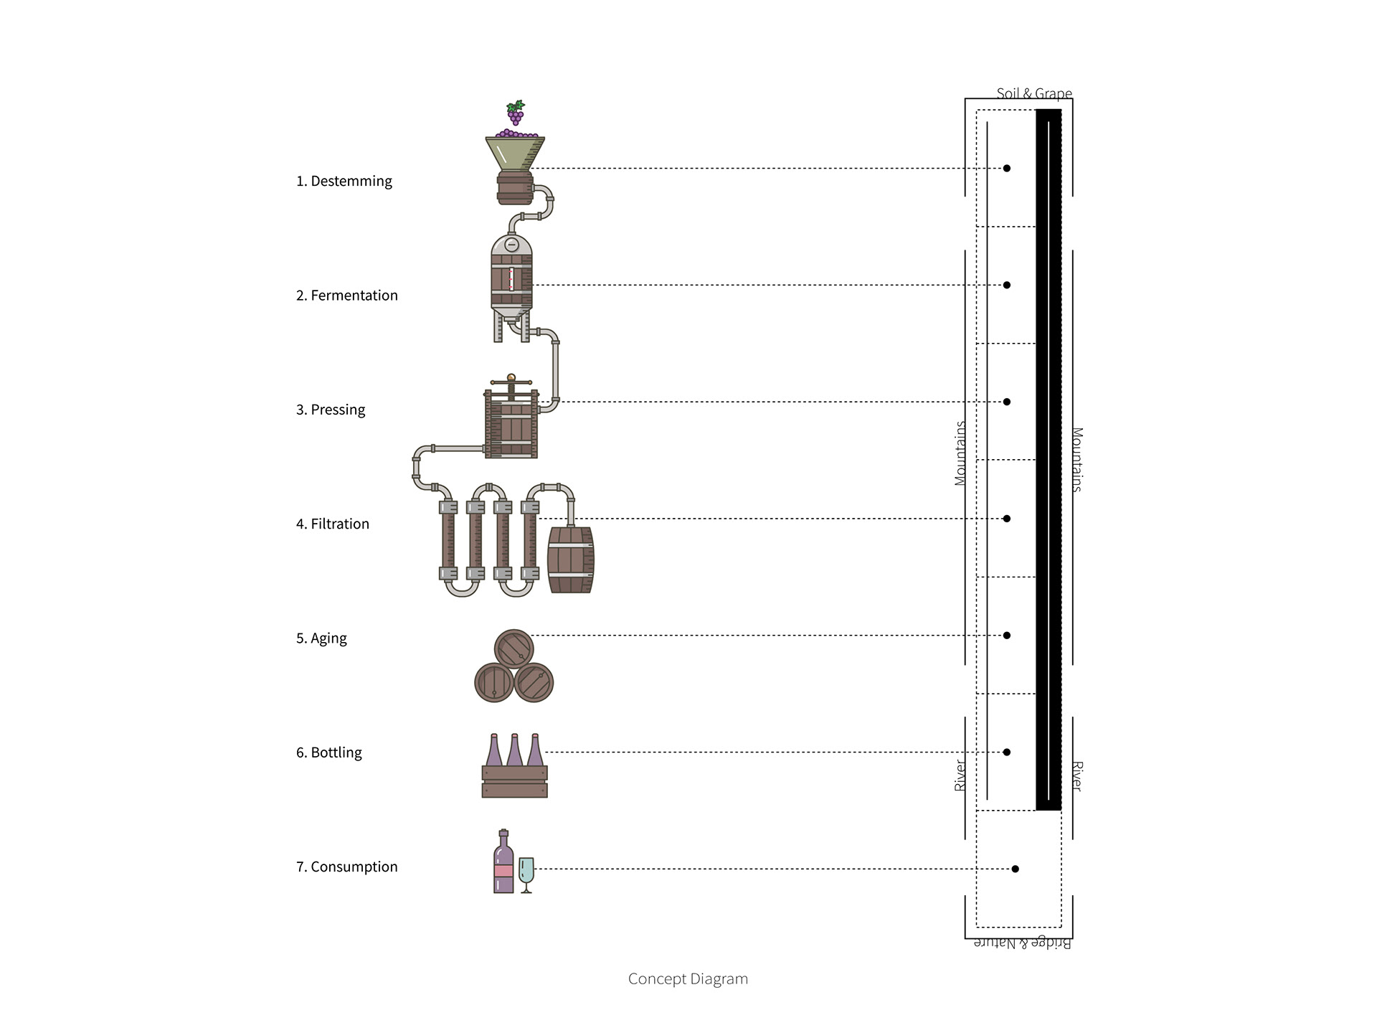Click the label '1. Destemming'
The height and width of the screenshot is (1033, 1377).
point(344,181)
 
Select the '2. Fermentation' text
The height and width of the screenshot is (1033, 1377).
point(347,296)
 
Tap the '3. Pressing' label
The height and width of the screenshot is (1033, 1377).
point(331,410)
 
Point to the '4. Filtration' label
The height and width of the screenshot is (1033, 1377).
point(333,524)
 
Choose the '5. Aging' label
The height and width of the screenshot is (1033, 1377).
point(321,638)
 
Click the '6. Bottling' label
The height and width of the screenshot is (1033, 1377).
point(329,753)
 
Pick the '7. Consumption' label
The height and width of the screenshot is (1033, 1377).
point(347,867)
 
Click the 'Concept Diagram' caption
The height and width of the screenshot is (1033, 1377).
point(688,979)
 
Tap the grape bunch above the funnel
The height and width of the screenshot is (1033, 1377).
point(515,113)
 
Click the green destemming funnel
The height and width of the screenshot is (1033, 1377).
point(515,154)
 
